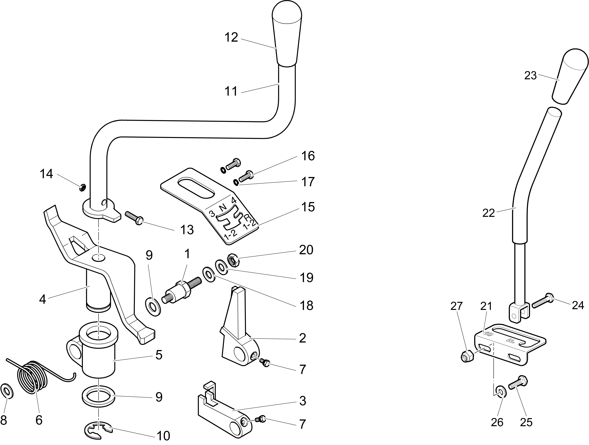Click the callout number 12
(231, 38)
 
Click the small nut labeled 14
(82, 188)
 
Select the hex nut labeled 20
(233, 260)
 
